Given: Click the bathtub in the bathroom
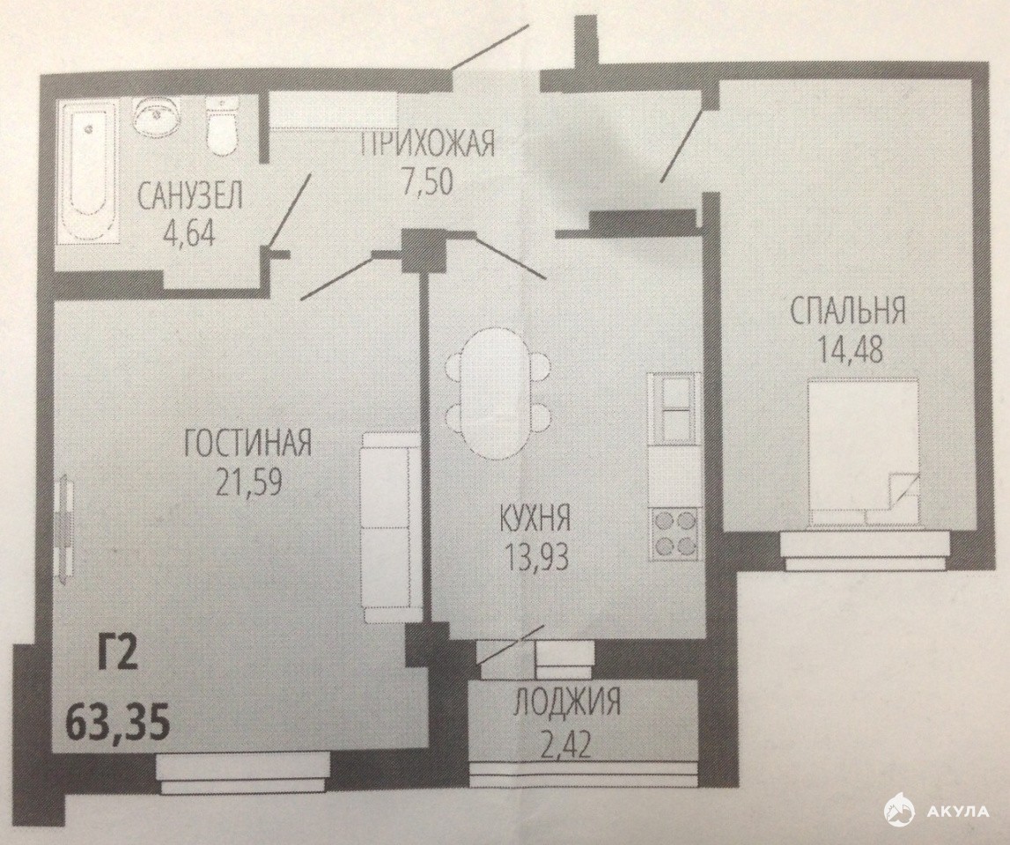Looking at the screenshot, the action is click(89, 173).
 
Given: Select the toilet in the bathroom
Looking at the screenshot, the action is click(222, 126).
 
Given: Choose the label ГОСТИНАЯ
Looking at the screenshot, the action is click(248, 444).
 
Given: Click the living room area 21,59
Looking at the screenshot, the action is click(248, 481).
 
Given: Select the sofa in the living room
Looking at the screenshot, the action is click(386, 527).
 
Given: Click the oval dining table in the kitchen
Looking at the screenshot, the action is click(499, 393).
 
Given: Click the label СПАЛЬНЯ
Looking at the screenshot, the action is click(848, 311).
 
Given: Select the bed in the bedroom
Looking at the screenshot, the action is click(863, 452).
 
